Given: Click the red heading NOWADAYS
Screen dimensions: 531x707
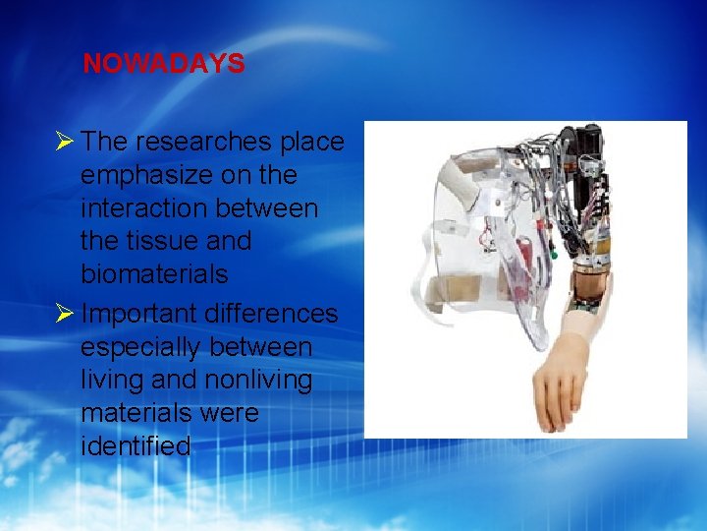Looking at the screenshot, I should (163, 64).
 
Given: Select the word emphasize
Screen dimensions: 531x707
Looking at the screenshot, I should (148, 175).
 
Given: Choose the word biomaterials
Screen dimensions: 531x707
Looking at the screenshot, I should (154, 273).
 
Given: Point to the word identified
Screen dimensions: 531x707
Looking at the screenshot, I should (136, 446).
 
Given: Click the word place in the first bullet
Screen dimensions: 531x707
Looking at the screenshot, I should (311, 142).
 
